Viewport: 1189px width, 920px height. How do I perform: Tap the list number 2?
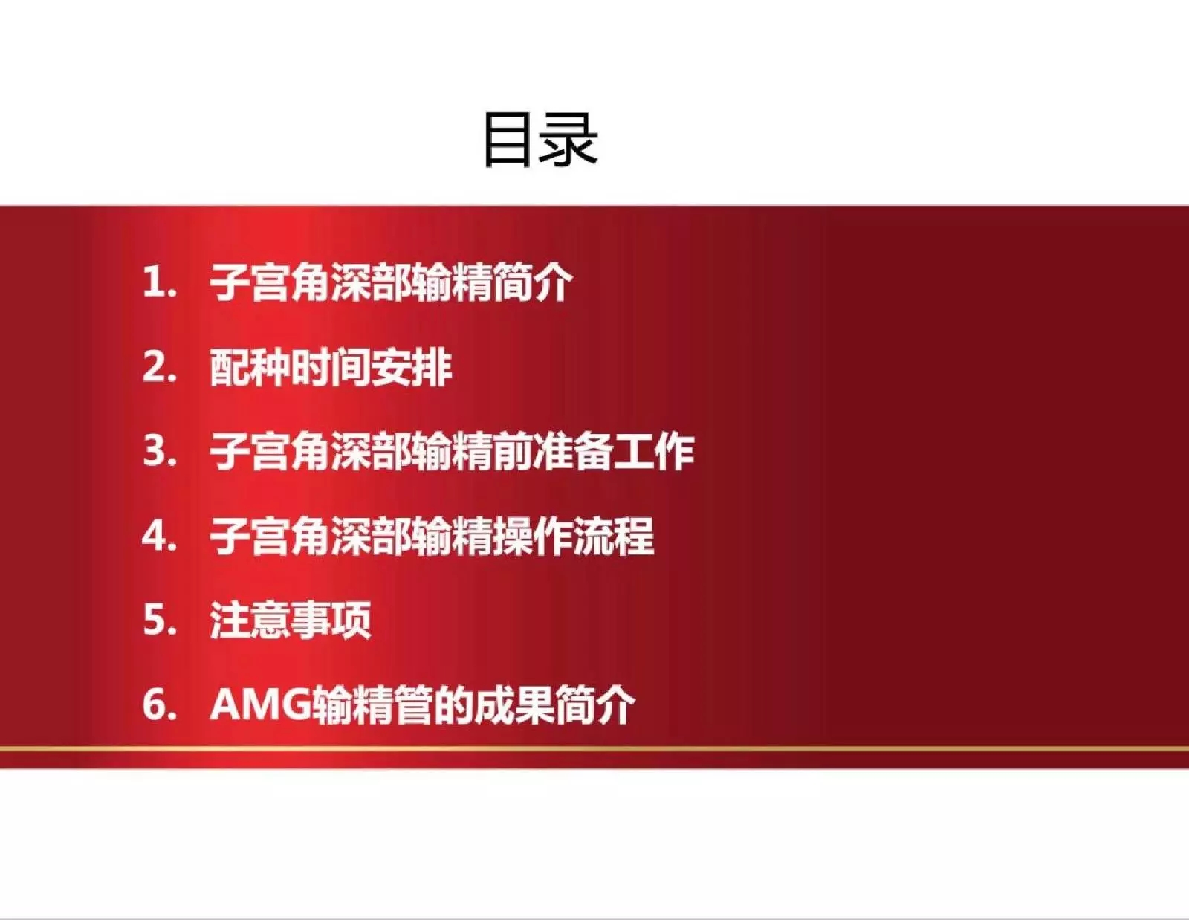point(159,367)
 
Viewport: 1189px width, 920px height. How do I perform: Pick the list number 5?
point(159,620)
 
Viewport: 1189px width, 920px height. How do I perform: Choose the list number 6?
point(159,704)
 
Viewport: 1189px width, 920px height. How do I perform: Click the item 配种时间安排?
point(331,367)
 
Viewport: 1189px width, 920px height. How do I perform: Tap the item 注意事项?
point(291,620)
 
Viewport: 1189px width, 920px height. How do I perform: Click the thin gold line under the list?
point(594,748)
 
